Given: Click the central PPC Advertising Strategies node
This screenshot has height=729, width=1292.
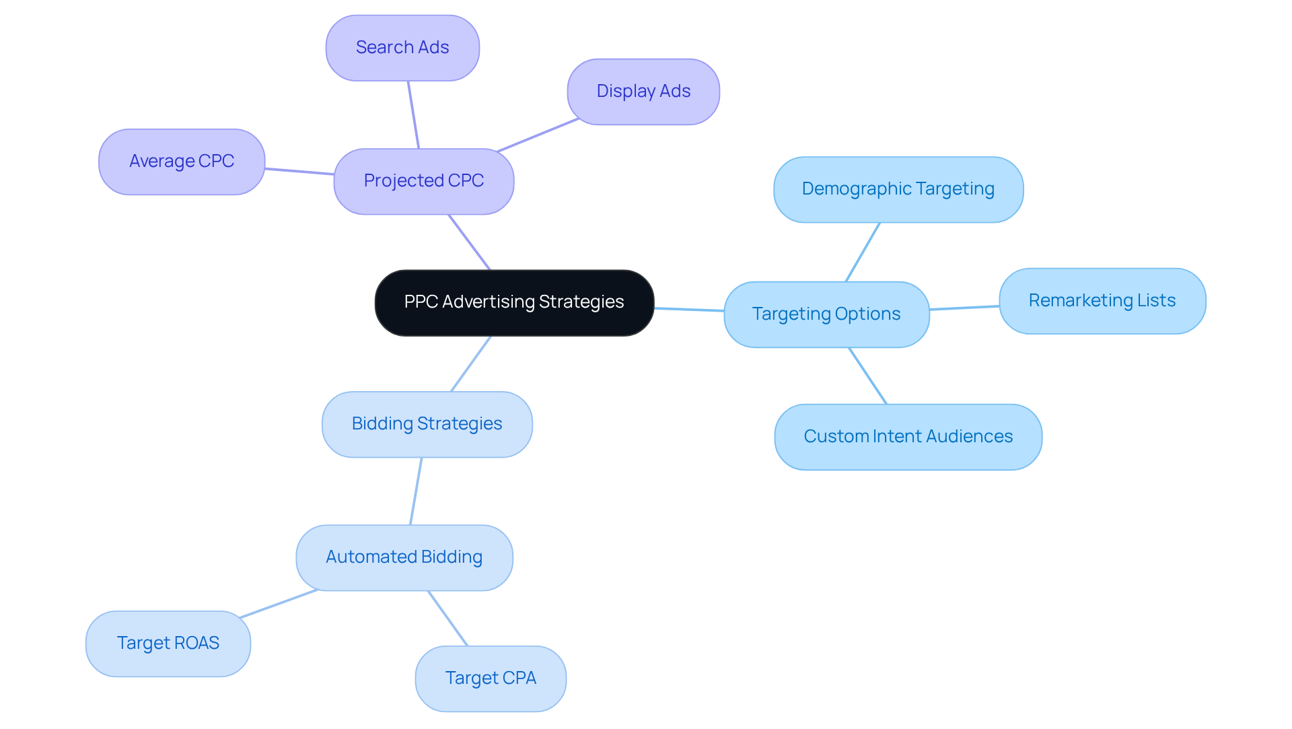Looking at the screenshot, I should point(514,302).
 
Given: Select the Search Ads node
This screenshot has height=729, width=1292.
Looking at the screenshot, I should point(402,48).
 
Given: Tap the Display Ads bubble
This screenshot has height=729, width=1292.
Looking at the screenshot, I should point(643,92).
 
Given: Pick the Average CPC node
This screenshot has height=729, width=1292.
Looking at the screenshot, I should point(182,162).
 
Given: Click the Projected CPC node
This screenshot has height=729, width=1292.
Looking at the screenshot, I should point(424,181).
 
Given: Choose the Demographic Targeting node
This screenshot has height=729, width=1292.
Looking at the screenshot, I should point(898,189).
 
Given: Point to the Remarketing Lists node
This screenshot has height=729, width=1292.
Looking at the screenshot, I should point(1102,301).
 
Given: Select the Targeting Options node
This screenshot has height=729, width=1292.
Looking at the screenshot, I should point(826,314).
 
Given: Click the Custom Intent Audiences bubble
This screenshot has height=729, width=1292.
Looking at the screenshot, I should point(908,437).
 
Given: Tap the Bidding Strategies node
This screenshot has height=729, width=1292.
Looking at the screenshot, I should point(427,424).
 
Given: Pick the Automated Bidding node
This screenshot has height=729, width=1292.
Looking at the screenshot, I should point(404,557).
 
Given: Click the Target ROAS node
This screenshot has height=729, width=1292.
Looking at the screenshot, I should point(168,644).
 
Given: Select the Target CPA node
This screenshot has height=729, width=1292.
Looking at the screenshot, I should point(491,679).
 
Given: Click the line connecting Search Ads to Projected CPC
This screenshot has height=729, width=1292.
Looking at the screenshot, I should point(413,114).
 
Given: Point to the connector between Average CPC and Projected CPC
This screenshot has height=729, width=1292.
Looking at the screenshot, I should point(299,172).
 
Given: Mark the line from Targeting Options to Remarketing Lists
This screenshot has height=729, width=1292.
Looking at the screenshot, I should point(964,308).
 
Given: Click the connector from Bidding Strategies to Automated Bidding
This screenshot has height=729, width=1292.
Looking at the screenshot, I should point(416,491).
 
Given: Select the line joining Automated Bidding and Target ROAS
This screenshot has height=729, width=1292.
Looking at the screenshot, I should point(279,604).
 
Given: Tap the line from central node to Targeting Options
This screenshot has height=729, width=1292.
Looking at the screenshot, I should point(689,310).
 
